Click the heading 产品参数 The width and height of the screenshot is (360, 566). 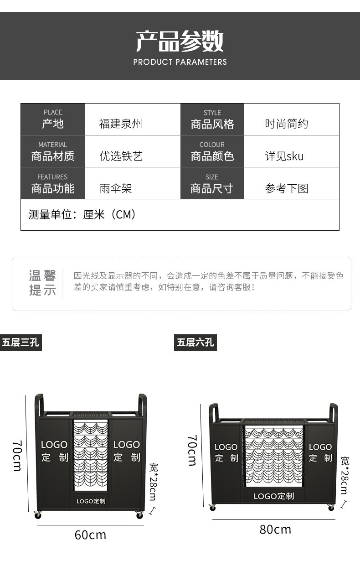(x=180, y=41)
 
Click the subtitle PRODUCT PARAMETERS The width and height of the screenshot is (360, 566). (x=180, y=62)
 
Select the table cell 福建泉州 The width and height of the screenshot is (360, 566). (x=121, y=124)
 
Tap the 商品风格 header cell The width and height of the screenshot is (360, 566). (x=212, y=119)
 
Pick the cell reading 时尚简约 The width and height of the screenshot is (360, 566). (x=287, y=124)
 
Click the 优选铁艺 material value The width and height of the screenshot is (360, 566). (x=121, y=156)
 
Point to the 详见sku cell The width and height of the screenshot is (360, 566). (x=284, y=156)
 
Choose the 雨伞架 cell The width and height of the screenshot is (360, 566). (x=116, y=188)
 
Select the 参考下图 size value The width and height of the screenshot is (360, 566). (x=287, y=188)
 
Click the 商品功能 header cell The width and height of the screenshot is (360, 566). (x=52, y=183)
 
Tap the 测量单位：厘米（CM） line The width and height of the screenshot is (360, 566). (x=82, y=214)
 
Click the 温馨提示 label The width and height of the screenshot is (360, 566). (x=42, y=283)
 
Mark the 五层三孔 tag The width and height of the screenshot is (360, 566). (x=21, y=342)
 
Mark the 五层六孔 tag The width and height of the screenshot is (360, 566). (x=195, y=342)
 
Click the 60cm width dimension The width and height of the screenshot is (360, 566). (x=90, y=535)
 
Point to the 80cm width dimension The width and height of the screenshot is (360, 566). (x=275, y=529)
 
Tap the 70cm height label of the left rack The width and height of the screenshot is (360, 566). (x=17, y=456)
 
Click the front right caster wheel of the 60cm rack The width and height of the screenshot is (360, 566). (x=139, y=515)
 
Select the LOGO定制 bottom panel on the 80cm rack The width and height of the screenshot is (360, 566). (x=273, y=496)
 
